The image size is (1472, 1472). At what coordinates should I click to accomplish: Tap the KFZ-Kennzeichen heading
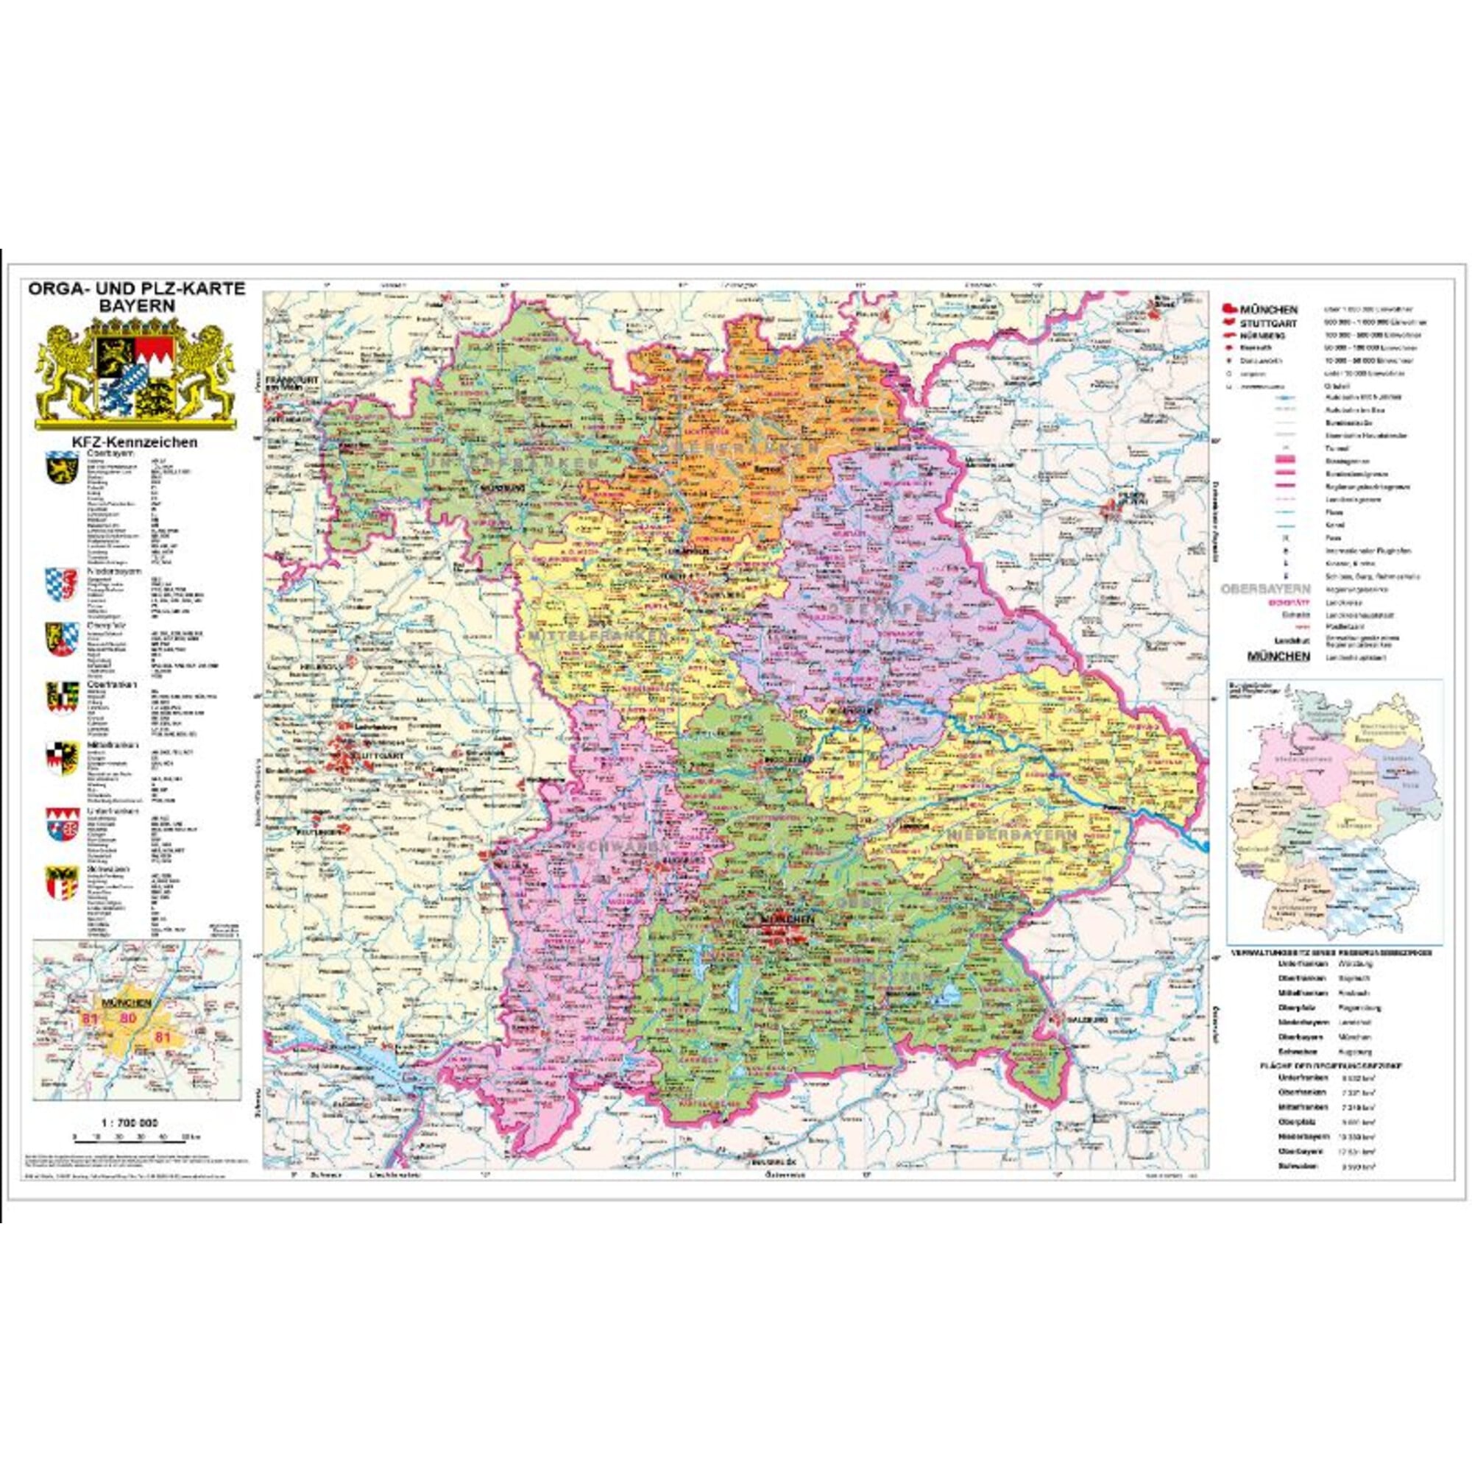coord(135,442)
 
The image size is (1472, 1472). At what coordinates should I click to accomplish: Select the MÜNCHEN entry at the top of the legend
coord(1269,310)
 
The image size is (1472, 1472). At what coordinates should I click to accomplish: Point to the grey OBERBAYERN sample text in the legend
coord(1265,589)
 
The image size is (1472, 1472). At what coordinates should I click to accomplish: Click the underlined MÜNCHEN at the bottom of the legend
coord(1278,655)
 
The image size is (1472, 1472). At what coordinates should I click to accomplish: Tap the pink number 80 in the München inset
coord(128,1018)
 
